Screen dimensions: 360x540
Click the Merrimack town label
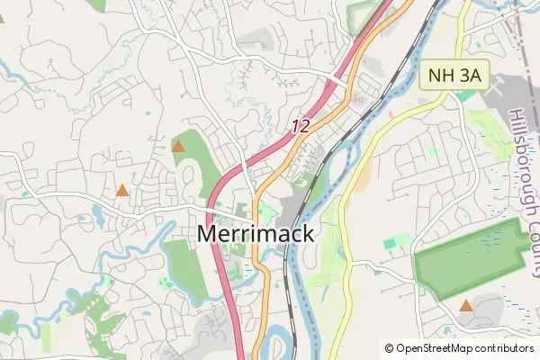(256, 234)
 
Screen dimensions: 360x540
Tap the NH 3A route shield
(454, 76)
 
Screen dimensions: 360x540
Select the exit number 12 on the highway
(301, 127)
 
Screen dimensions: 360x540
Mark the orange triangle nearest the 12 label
(178, 146)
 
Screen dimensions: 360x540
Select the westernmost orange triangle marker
(121, 190)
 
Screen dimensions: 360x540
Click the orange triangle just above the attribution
(465, 306)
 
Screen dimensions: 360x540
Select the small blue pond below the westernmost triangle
(97, 213)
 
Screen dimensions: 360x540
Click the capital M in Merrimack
(207, 234)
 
